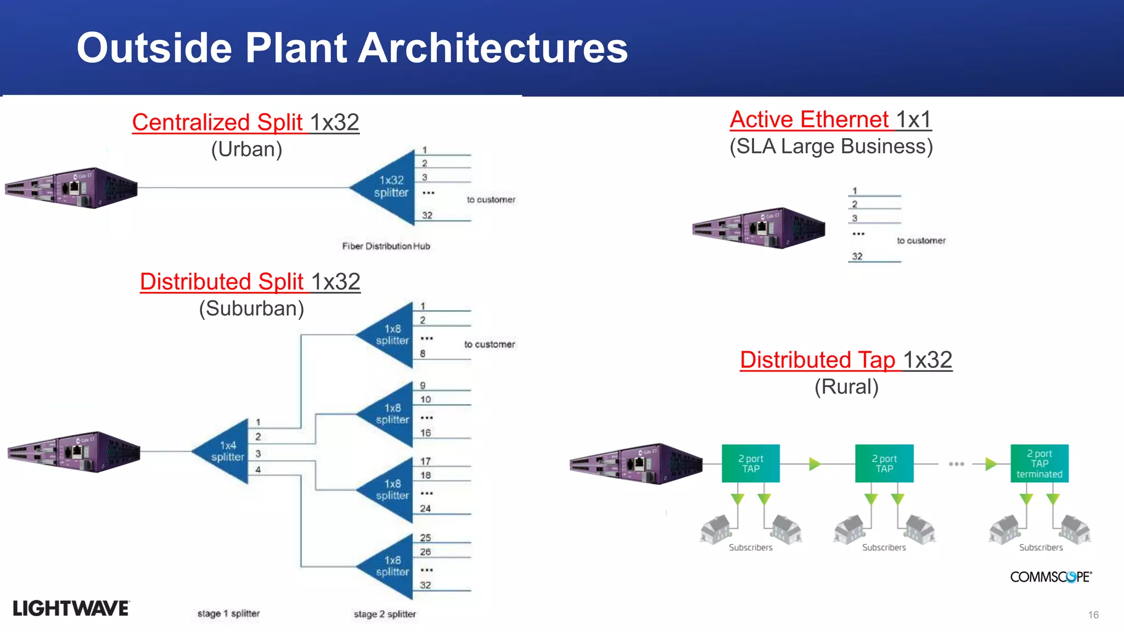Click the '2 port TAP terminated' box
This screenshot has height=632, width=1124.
click(x=1039, y=464)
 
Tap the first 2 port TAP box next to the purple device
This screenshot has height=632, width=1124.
click(x=750, y=464)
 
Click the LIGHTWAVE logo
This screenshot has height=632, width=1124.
click(x=71, y=608)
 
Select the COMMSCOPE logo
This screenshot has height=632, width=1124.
click(x=1050, y=577)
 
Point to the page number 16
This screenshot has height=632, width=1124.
click(x=1093, y=615)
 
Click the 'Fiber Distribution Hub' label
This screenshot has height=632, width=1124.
click(x=386, y=246)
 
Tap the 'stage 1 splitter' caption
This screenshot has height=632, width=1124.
click(x=228, y=613)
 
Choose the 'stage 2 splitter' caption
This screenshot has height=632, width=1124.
click(x=385, y=614)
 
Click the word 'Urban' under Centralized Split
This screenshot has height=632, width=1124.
click(x=247, y=149)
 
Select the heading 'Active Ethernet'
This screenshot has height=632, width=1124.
click(x=810, y=120)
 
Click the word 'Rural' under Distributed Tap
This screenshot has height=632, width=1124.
click(x=846, y=387)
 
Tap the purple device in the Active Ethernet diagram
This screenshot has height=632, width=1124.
click(x=758, y=228)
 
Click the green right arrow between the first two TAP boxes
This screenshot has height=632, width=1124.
click(x=814, y=464)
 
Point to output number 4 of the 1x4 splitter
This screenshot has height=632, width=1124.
click(x=258, y=470)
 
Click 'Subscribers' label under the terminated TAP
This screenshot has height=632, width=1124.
click(x=1041, y=548)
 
